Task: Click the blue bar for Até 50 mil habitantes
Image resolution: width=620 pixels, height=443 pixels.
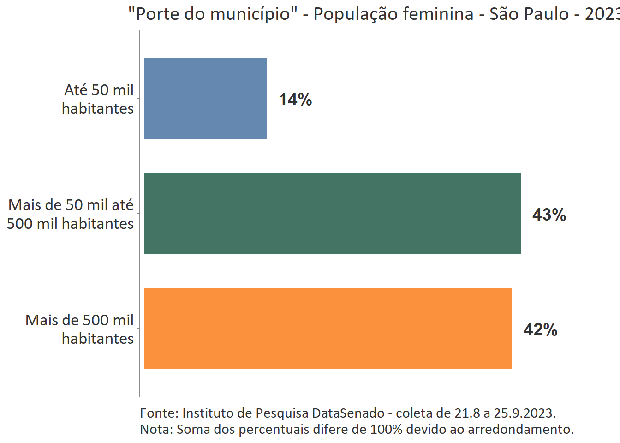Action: pyautogui.click(x=206, y=98)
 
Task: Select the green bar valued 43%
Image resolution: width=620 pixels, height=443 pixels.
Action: pyautogui.click(x=332, y=213)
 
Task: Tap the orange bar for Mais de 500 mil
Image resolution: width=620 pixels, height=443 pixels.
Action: pyautogui.click(x=328, y=329)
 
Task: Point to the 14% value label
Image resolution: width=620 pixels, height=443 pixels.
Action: pyautogui.click(x=295, y=99)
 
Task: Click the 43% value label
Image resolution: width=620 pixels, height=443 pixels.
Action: pyautogui.click(x=549, y=215)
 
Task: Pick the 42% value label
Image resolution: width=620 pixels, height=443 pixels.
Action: pyautogui.click(x=540, y=329)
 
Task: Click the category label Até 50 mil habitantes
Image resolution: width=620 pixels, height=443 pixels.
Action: pyautogui.click(x=98, y=99)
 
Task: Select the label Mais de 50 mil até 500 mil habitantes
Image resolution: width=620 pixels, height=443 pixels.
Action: pyautogui.click(x=71, y=214)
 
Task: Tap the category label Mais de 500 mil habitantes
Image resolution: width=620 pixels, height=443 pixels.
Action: pyautogui.click(x=80, y=329)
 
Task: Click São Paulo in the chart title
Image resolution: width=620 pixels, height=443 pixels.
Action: pyautogui.click(x=529, y=14)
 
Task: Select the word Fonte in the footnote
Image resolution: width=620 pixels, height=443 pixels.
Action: pyautogui.click(x=159, y=413)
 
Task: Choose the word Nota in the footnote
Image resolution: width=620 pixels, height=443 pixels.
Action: pyautogui.click(x=156, y=429)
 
